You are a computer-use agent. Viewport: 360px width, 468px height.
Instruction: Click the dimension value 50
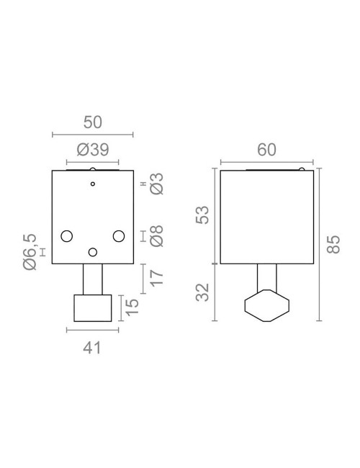tap(92, 121)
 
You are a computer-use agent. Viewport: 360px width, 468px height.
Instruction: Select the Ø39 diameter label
tap(92, 150)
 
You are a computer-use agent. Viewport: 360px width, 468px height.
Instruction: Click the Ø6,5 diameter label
tap(30, 251)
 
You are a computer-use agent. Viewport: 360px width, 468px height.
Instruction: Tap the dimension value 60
tap(266, 150)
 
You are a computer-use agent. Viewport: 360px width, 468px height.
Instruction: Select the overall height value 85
tap(332, 246)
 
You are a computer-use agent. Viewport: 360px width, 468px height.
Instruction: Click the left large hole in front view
tap(68, 235)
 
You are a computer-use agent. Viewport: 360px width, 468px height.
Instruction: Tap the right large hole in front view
tap(119, 235)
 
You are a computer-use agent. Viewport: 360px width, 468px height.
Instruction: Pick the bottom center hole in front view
tap(93, 251)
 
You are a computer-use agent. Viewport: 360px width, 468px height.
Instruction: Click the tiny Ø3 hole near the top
tap(93, 185)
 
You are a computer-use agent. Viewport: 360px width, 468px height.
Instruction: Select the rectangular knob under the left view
tap(93, 307)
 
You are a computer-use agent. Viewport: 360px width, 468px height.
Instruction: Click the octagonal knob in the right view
tap(266, 305)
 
